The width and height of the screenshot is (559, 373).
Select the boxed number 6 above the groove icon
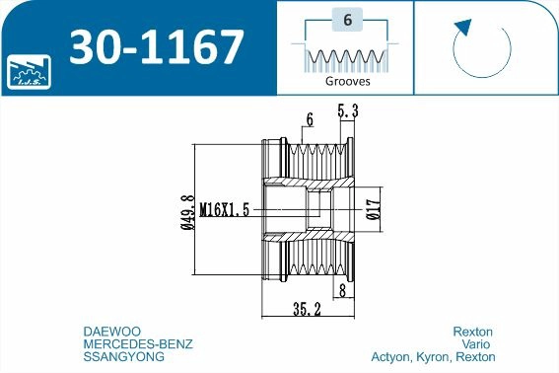coord(346,20)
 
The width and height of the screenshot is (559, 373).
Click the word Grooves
coord(346,83)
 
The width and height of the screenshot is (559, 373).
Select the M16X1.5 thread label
coord(226,209)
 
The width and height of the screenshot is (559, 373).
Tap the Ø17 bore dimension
coord(374,209)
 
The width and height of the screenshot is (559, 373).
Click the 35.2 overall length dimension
coord(309,308)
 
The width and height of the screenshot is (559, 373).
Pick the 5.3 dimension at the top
coord(346,113)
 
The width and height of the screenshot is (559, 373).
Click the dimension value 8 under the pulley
coord(342,291)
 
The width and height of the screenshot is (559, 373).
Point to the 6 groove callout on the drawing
coord(310,119)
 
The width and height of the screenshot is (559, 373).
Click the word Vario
coord(479,343)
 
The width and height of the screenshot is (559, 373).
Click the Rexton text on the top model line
coord(472,331)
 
